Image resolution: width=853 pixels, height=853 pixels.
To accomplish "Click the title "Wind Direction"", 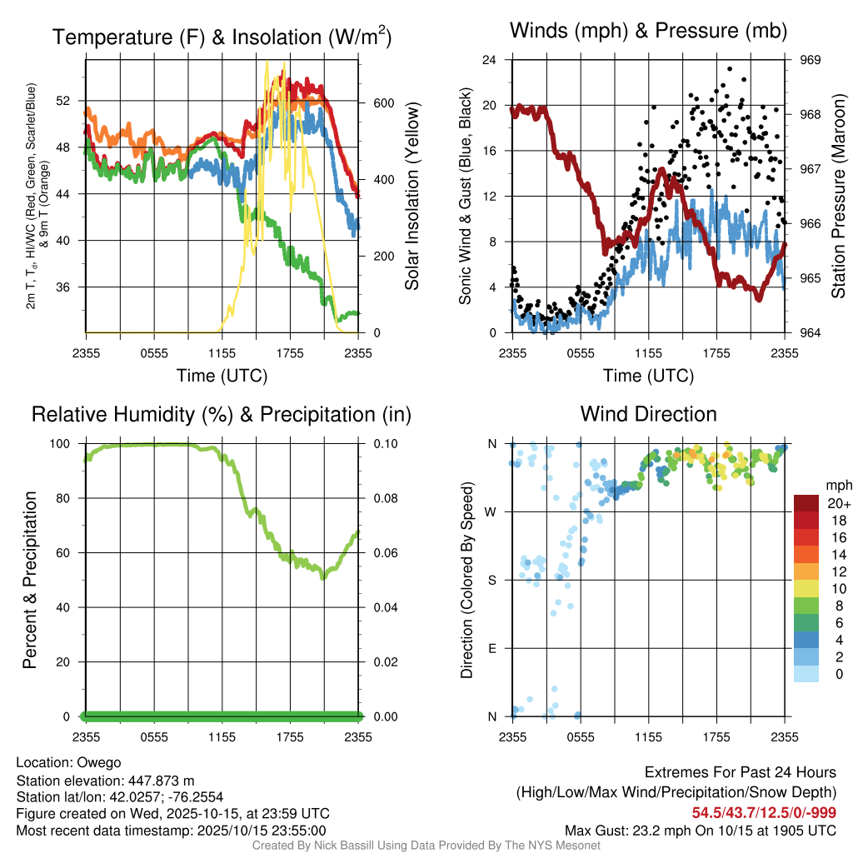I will pos(648,414).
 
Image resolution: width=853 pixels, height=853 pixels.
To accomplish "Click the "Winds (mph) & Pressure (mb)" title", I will pos(648,32).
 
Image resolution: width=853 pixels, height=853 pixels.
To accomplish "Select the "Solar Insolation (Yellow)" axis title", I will pos(412,197).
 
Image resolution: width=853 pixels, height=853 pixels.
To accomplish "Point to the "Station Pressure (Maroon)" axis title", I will pos(839,197).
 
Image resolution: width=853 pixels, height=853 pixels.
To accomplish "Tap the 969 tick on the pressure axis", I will pos(811,60).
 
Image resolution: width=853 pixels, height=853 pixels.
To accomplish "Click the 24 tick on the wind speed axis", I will pos(490,60).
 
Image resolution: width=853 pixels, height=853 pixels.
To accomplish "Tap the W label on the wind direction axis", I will pos(491,511).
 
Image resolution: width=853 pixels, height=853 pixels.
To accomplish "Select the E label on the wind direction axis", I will pos(491,648).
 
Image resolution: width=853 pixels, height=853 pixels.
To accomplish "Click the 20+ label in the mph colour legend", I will pos(837,503).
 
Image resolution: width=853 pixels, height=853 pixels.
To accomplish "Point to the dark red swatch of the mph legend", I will pos(806,502).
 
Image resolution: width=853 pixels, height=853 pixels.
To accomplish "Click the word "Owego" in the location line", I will pos(99,762).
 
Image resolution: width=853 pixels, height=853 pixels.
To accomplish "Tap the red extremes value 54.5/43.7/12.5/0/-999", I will pos(763,812).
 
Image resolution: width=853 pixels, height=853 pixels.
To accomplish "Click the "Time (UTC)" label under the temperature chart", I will pos(222,376).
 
